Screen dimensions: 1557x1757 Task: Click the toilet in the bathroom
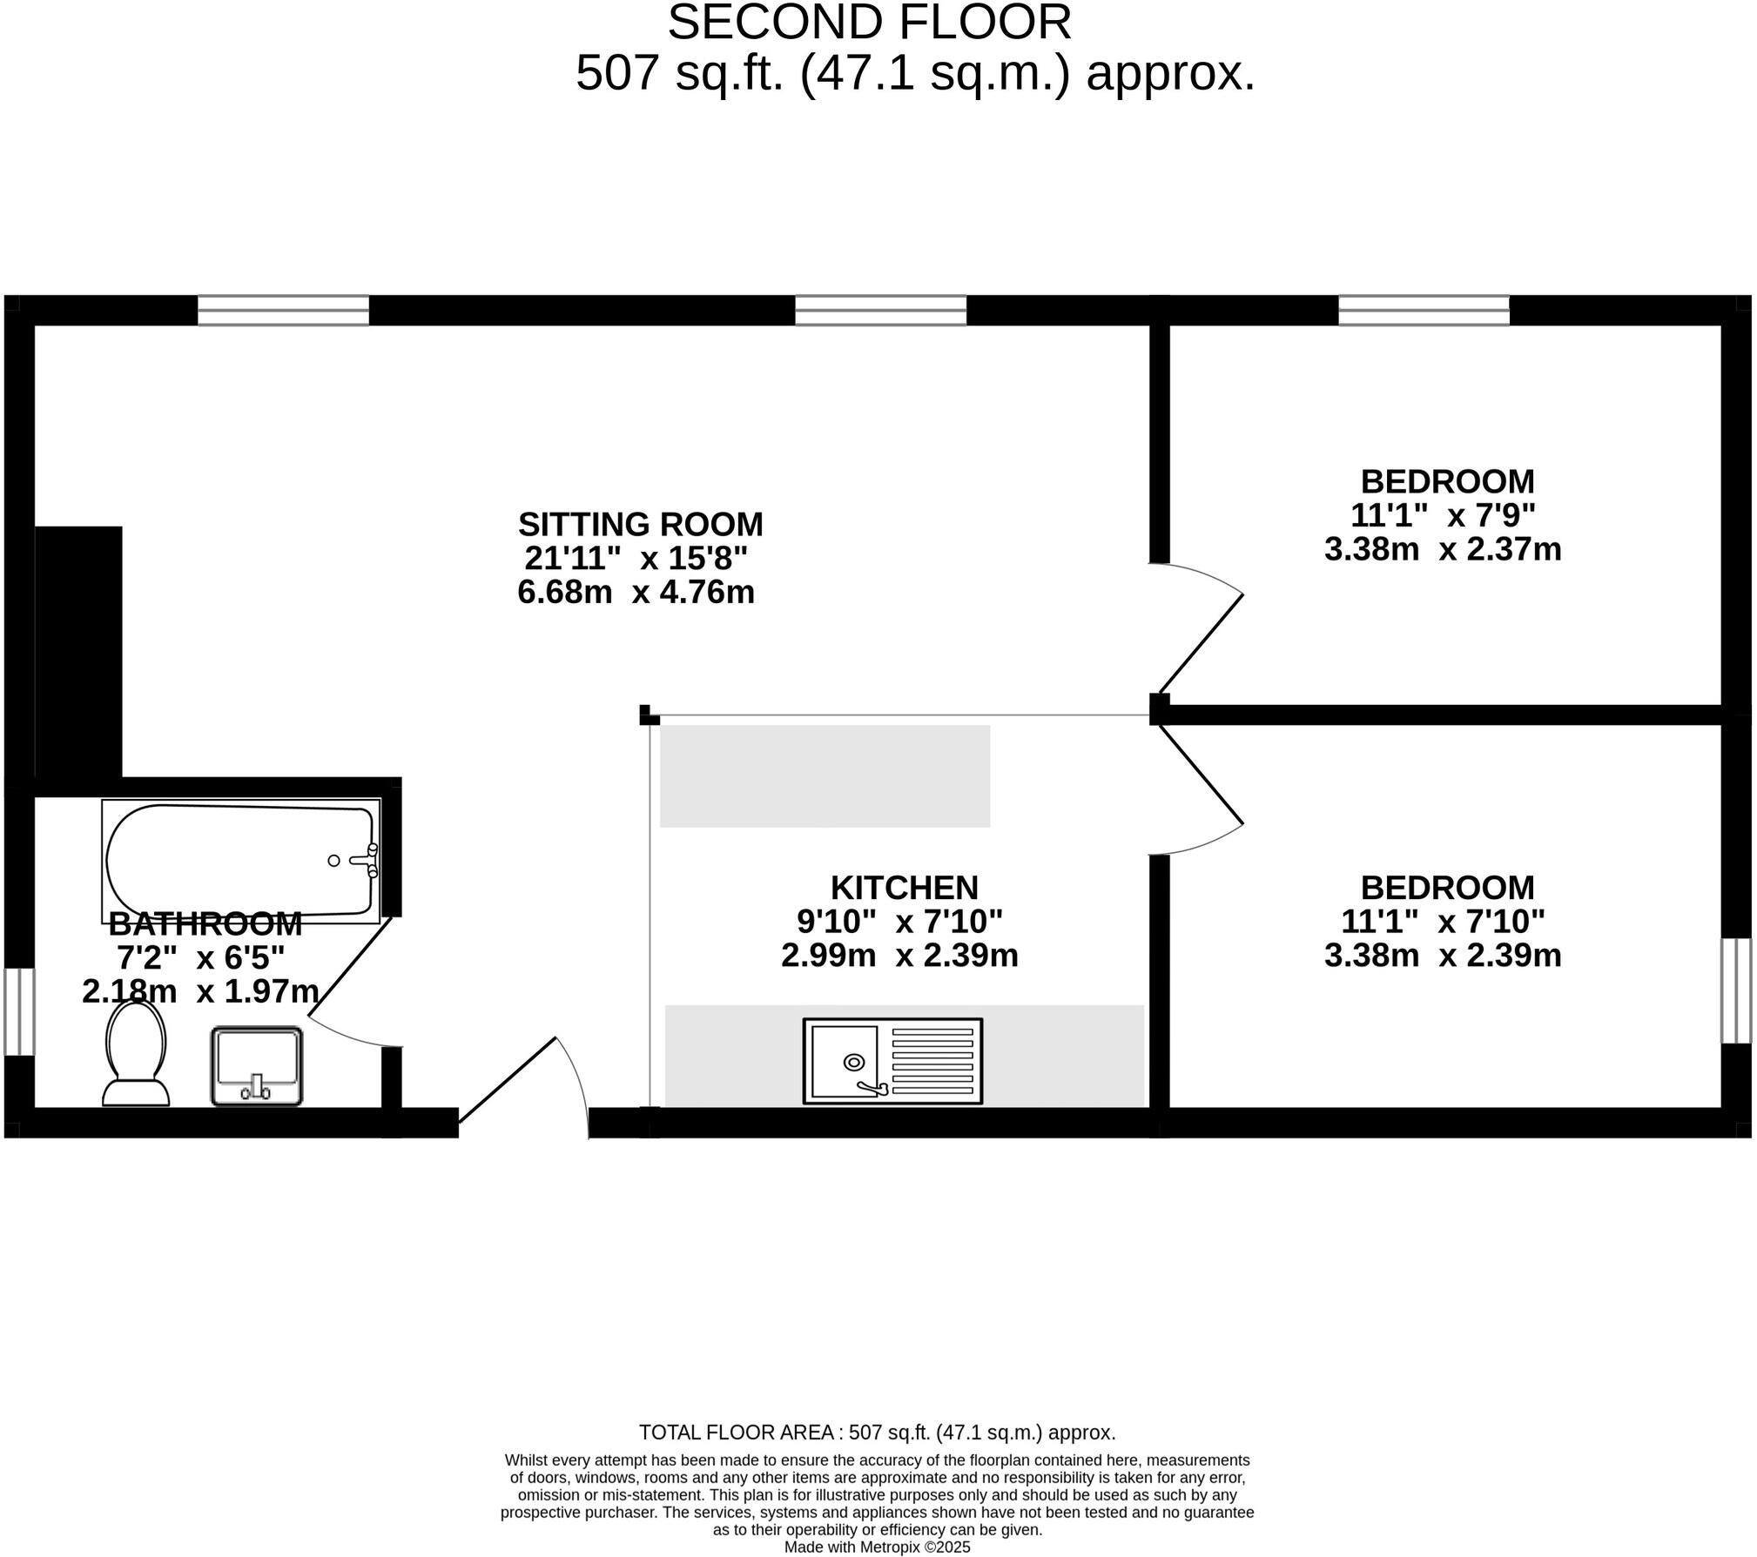pyautogui.click(x=136, y=1054)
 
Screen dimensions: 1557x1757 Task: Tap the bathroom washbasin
pyautogui.click(x=256, y=1065)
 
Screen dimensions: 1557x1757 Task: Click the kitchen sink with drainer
pyautogui.click(x=892, y=1061)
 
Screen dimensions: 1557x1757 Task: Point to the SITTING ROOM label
pyautogui.click(x=640, y=525)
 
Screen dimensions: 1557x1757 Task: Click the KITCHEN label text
pyautogui.click(x=904, y=888)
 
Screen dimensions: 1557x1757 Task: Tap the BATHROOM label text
pyautogui.click(x=205, y=923)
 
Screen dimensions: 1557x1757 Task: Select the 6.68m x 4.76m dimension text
pyautogui.click(x=636, y=593)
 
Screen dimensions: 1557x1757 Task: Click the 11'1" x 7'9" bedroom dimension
pyautogui.click(x=1442, y=515)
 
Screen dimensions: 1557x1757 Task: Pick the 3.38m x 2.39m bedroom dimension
pyautogui.click(x=1442, y=956)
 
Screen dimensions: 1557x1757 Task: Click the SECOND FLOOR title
pyautogui.click(x=869, y=23)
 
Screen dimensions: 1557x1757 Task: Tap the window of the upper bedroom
pyautogui.click(x=1423, y=310)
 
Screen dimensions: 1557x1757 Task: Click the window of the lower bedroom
pyautogui.click(x=1735, y=990)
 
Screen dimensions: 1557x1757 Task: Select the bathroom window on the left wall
pyautogui.click(x=19, y=1011)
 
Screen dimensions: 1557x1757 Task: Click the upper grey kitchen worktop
pyautogui.click(x=824, y=775)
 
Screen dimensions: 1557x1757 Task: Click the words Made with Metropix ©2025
pyautogui.click(x=877, y=1547)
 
